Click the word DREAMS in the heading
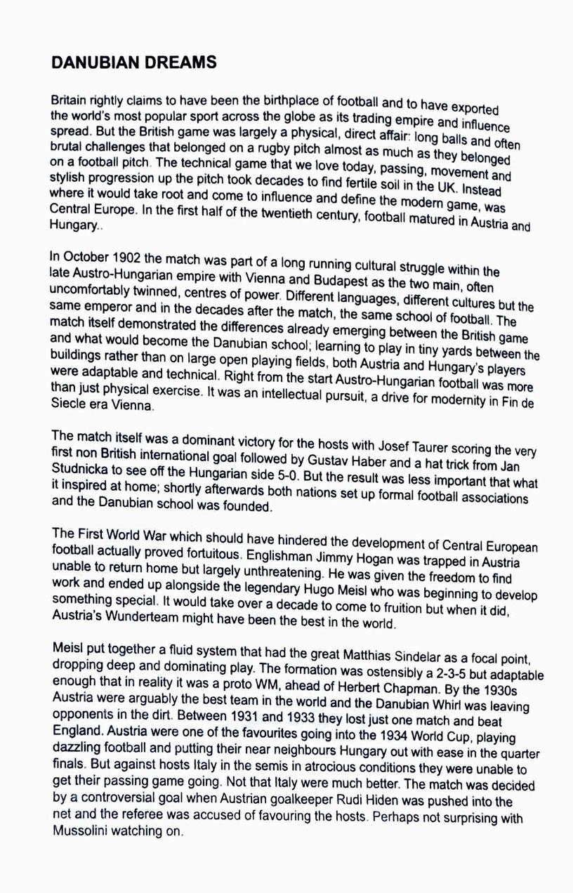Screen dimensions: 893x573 (179, 62)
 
